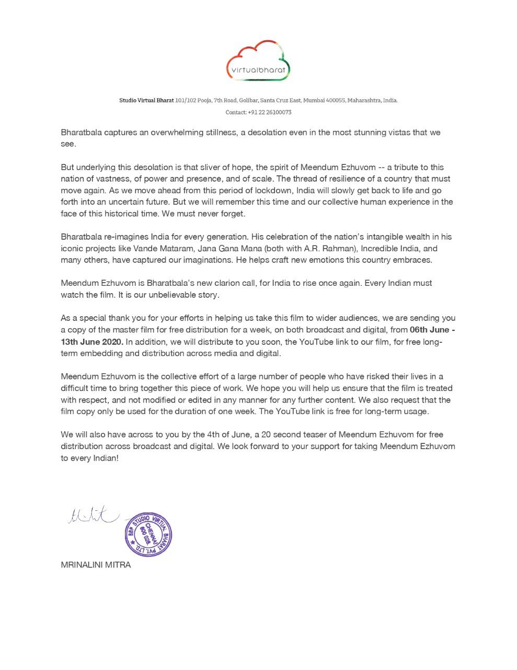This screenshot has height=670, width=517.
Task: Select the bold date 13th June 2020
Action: click(92, 342)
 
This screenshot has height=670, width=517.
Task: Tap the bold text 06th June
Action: click(429, 330)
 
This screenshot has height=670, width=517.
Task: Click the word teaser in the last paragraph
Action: click(314, 434)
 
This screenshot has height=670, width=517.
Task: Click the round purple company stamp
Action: click(148, 534)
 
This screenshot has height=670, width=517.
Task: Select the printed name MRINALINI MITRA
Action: click(96, 565)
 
